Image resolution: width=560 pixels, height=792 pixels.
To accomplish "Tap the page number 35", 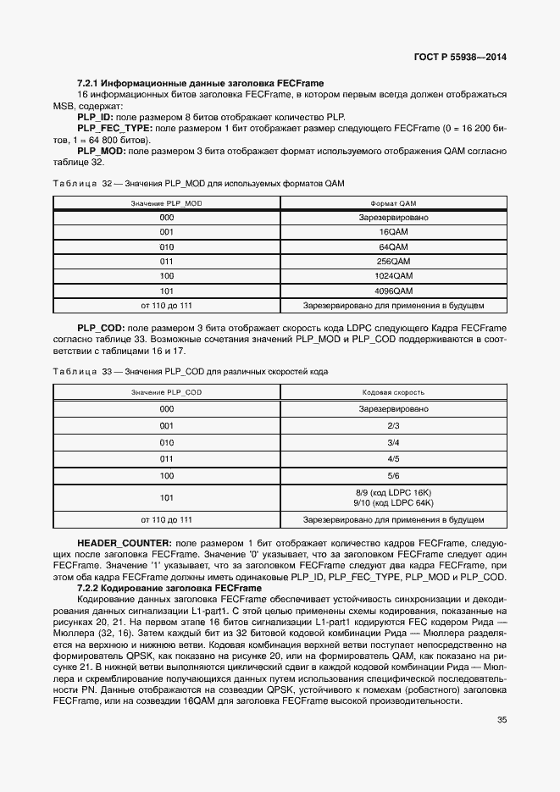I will point(502,720).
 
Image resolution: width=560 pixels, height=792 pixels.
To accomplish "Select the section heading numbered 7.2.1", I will point(201,84).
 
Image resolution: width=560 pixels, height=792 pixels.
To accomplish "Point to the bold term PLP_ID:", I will point(95,117).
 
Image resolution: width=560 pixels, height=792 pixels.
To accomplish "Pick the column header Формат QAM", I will point(394,204).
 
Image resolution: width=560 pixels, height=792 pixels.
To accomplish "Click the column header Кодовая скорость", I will point(393,393).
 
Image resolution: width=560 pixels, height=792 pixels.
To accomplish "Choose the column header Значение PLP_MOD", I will point(166,204).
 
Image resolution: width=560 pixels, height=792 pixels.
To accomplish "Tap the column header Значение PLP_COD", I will point(166,393).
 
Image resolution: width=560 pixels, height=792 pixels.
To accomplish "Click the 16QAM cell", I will point(394,232).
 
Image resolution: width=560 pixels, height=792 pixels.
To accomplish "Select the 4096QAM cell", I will point(394,291).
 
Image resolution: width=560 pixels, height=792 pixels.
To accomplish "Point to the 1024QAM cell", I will point(394,276).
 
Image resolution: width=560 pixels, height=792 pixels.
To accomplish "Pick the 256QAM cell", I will point(394,262).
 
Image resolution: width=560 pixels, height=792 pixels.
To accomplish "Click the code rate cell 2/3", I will point(393,425).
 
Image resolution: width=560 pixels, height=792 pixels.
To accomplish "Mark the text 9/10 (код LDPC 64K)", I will point(394,502).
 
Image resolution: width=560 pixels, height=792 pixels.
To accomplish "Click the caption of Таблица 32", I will point(199,183).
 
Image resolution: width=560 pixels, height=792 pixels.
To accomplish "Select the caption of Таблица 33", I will point(191,372).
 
